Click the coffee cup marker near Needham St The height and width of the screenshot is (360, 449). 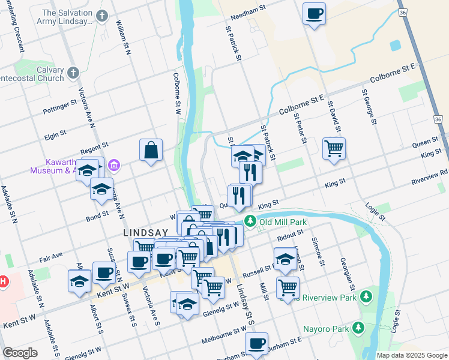pyautogui.click(x=314, y=13)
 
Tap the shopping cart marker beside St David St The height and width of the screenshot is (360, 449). pyautogui.click(x=334, y=148)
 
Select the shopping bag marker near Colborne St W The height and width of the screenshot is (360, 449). pyautogui.click(x=151, y=150)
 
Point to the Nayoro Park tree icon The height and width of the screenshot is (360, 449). pyautogui.click(x=358, y=328)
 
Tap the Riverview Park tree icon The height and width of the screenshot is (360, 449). pyautogui.click(x=365, y=296)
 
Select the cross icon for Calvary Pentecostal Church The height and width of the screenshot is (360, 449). pyautogui.click(x=73, y=73)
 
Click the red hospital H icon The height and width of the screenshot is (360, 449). pyautogui.click(x=2, y=280)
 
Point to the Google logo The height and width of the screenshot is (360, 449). pyautogui.click(x=20, y=353)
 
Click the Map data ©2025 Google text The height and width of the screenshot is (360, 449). pyautogui.click(x=412, y=355)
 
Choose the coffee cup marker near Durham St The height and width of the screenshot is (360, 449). pyautogui.click(x=256, y=344)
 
